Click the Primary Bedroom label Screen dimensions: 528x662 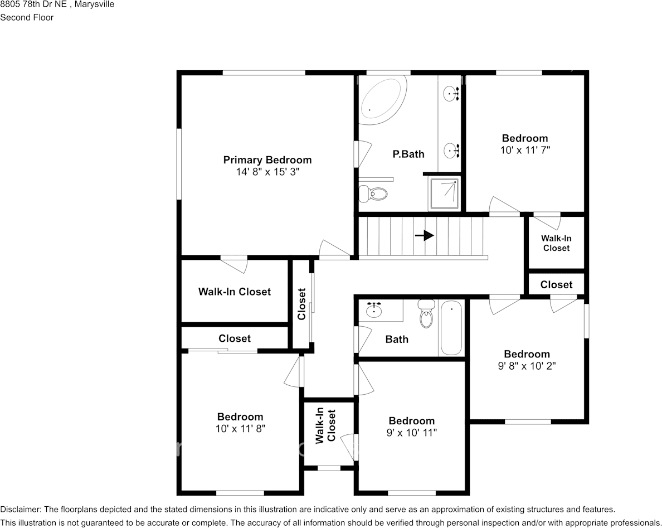(x=267, y=160)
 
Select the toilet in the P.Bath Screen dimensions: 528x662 (x=373, y=193)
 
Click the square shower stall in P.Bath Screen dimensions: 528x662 (x=444, y=193)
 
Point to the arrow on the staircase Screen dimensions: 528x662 (x=425, y=235)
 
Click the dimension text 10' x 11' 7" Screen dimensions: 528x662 (x=525, y=151)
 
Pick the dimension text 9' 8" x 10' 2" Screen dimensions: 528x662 (x=527, y=366)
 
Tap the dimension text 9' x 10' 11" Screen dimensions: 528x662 (x=411, y=433)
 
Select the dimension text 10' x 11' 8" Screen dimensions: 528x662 (x=240, y=429)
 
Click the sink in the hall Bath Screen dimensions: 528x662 (x=374, y=309)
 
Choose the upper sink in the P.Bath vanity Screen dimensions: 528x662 (x=451, y=94)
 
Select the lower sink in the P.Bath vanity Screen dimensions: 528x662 (x=451, y=150)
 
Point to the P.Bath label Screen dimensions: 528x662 (x=408, y=154)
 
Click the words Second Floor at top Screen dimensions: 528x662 (x=27, y=17)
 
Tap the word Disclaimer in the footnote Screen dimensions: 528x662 (x=20, y=509)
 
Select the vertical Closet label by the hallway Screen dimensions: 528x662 (x=302, y=304)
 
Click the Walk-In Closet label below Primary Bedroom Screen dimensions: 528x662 (x=234, y=292)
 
